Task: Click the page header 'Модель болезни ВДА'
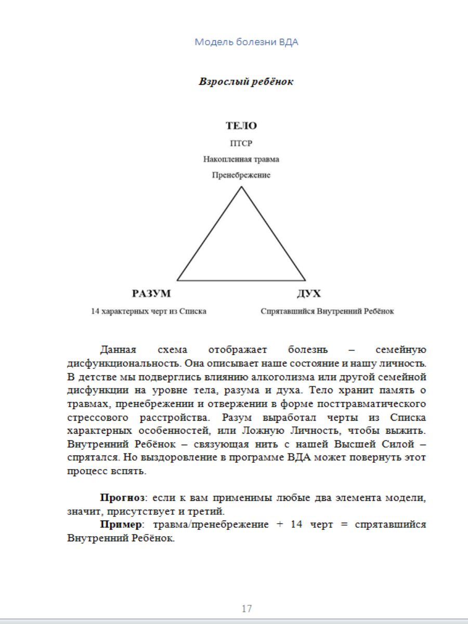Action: pyautogui.click(x=246, y=42)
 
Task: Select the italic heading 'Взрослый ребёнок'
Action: pyautogui.click(x=246, y=82)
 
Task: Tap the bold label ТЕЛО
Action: pyautogui.click(x=241, y=126)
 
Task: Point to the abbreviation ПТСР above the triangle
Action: pyautogui.click(x=241, y=144)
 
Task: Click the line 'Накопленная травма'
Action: pyautogui.click(x=241, y=159)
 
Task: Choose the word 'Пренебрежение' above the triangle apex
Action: pyautogui.click(x=241, y=175)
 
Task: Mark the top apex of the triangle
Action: pyautogui.click(x=241, y=187)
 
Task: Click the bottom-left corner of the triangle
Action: pyautogui.click(x=177, y=280)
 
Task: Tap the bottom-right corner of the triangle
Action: pyautogui.click(x=305, y=280)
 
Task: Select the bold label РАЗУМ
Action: pyautogui.click(x=151, y=294)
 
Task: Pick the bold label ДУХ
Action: pyautogui.click(x=309, y=294)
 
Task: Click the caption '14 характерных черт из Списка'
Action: pyautogui.click(x=149, y=311)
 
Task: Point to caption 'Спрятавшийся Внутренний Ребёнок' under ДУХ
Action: pyautogui.click(x=328, y=311)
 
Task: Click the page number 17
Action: pyautogui.click(x=246, y=608)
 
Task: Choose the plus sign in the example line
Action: pyautogui.click(x=279, y=525)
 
